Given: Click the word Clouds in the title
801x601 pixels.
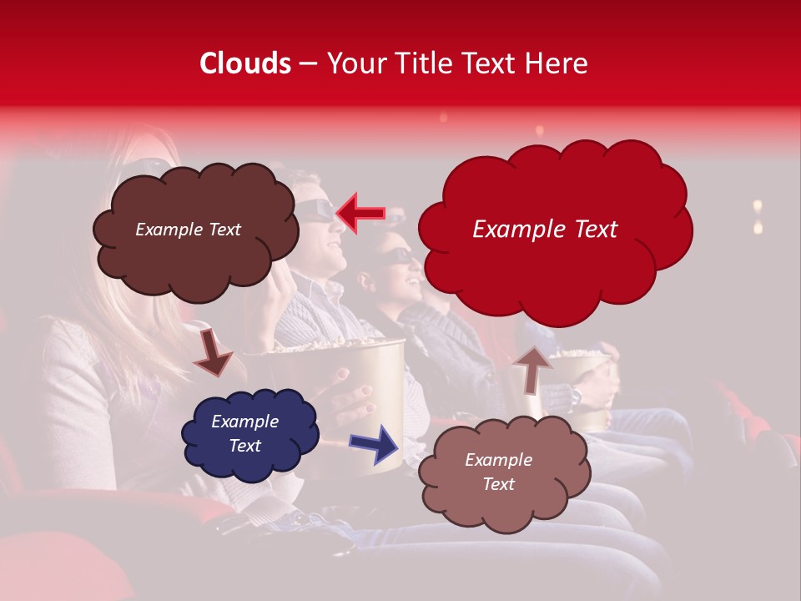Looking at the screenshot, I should tap(244, 63).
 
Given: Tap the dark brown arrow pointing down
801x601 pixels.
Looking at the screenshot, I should tap(212, 353).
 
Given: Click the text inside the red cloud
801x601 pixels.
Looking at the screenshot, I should tap(545, 230).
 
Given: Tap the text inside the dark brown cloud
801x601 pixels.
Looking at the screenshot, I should tap(188, 230).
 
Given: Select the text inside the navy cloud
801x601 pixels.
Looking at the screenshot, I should tap(244, 433).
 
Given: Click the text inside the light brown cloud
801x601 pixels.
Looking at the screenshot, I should tap(498, 472).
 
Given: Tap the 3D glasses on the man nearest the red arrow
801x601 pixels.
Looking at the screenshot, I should tap(315, 209).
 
